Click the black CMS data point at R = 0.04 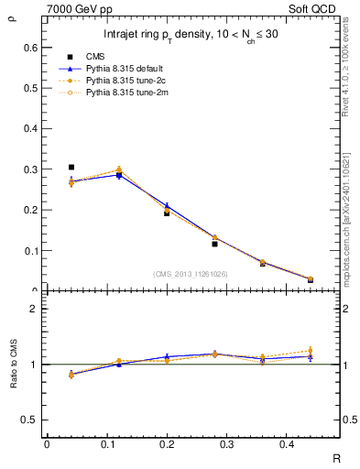pos(71,168)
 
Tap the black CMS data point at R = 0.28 pos(214,244)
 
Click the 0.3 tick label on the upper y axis pos(31,169)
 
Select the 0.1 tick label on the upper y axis pos(31,250)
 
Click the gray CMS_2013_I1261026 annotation pos(190,274)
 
